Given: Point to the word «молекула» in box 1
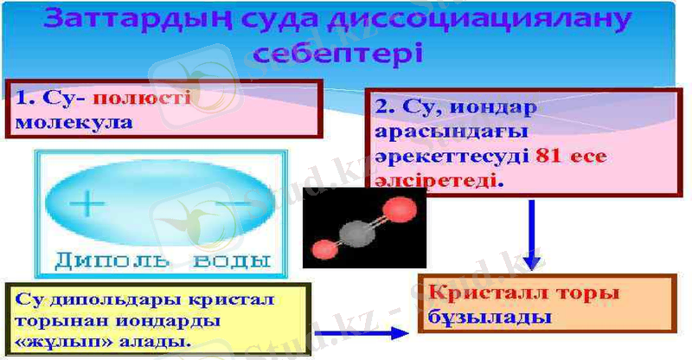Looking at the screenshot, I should click(74, 121).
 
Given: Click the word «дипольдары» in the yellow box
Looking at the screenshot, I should click(102, 299).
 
